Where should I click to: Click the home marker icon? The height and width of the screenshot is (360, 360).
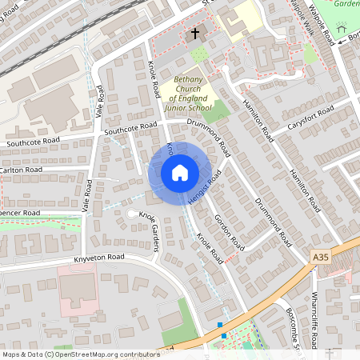179,172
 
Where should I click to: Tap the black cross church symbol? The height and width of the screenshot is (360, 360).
194,34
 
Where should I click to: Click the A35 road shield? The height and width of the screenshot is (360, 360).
321,257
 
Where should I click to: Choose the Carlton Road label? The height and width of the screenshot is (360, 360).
22,170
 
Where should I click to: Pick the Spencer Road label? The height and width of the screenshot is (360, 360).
18,214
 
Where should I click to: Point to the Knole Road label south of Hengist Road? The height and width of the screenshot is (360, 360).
210,250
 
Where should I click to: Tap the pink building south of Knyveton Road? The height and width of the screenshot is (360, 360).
77,289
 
